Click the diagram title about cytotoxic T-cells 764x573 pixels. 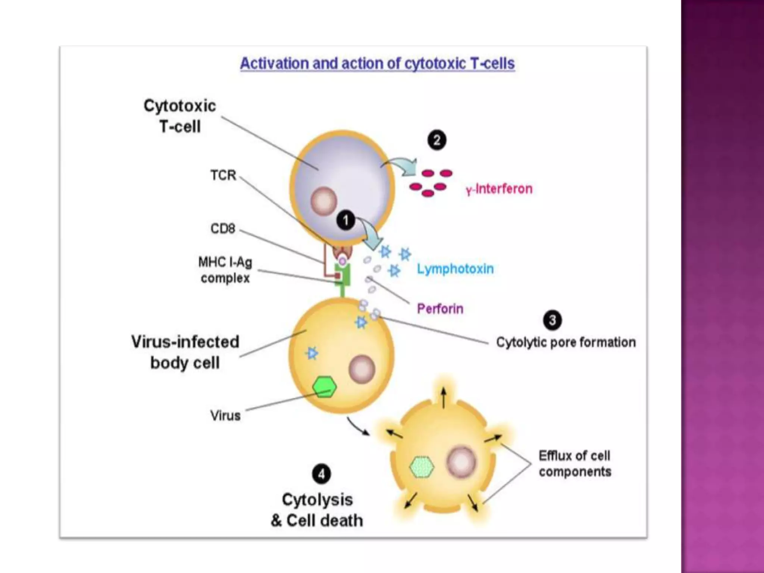[x=377, y=63]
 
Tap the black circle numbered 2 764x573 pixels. [x=436, y=140]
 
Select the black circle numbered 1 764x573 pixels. [x=346, y=220]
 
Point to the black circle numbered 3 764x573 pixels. [x=552, y=320]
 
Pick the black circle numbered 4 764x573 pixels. [x=321, y=474]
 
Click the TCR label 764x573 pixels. [x=223, y=175]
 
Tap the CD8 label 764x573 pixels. [x=223, y=228]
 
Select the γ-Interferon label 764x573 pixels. [x=499, y=189]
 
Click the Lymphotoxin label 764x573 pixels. [x=455, y=269]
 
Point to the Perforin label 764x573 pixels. [x=440, y=309]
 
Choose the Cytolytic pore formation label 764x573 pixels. [x=566, y=342]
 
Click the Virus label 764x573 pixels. [x=225, y=416]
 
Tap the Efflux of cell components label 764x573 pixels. [x=575, y=464]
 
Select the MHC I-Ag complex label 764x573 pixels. [x=225, y=270]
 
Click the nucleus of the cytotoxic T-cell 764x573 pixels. [x=323, y=201]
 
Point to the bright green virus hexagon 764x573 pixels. [x=324, y=387]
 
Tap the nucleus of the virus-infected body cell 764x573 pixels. [x=361, y=369]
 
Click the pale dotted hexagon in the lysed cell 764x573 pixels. [x=422, y=467]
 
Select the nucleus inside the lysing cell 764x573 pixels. [x=461, y=462]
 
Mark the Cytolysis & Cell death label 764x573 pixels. [x=317, y=510]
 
